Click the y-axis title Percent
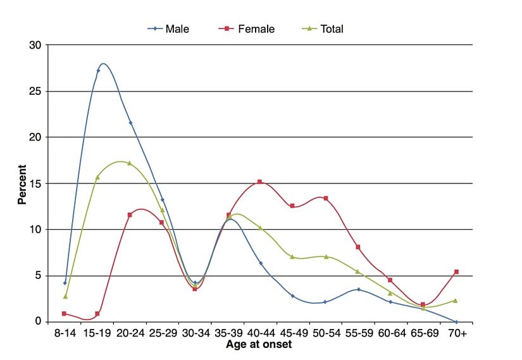click(x=22, y=184)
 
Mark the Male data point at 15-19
click(x=98, y=71)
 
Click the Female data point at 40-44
click(x=260, y=182)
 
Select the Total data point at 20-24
click(x=130, y=163)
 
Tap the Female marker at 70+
click(x=456, y=272)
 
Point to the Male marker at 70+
click(x=456, y=321)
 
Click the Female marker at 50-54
click(x=325, y=199)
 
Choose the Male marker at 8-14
click(x=65, y=283)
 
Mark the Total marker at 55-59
click(x=358, y=272)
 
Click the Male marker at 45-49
click(x=293, y=295)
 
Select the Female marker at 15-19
click(x=97, y=314)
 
